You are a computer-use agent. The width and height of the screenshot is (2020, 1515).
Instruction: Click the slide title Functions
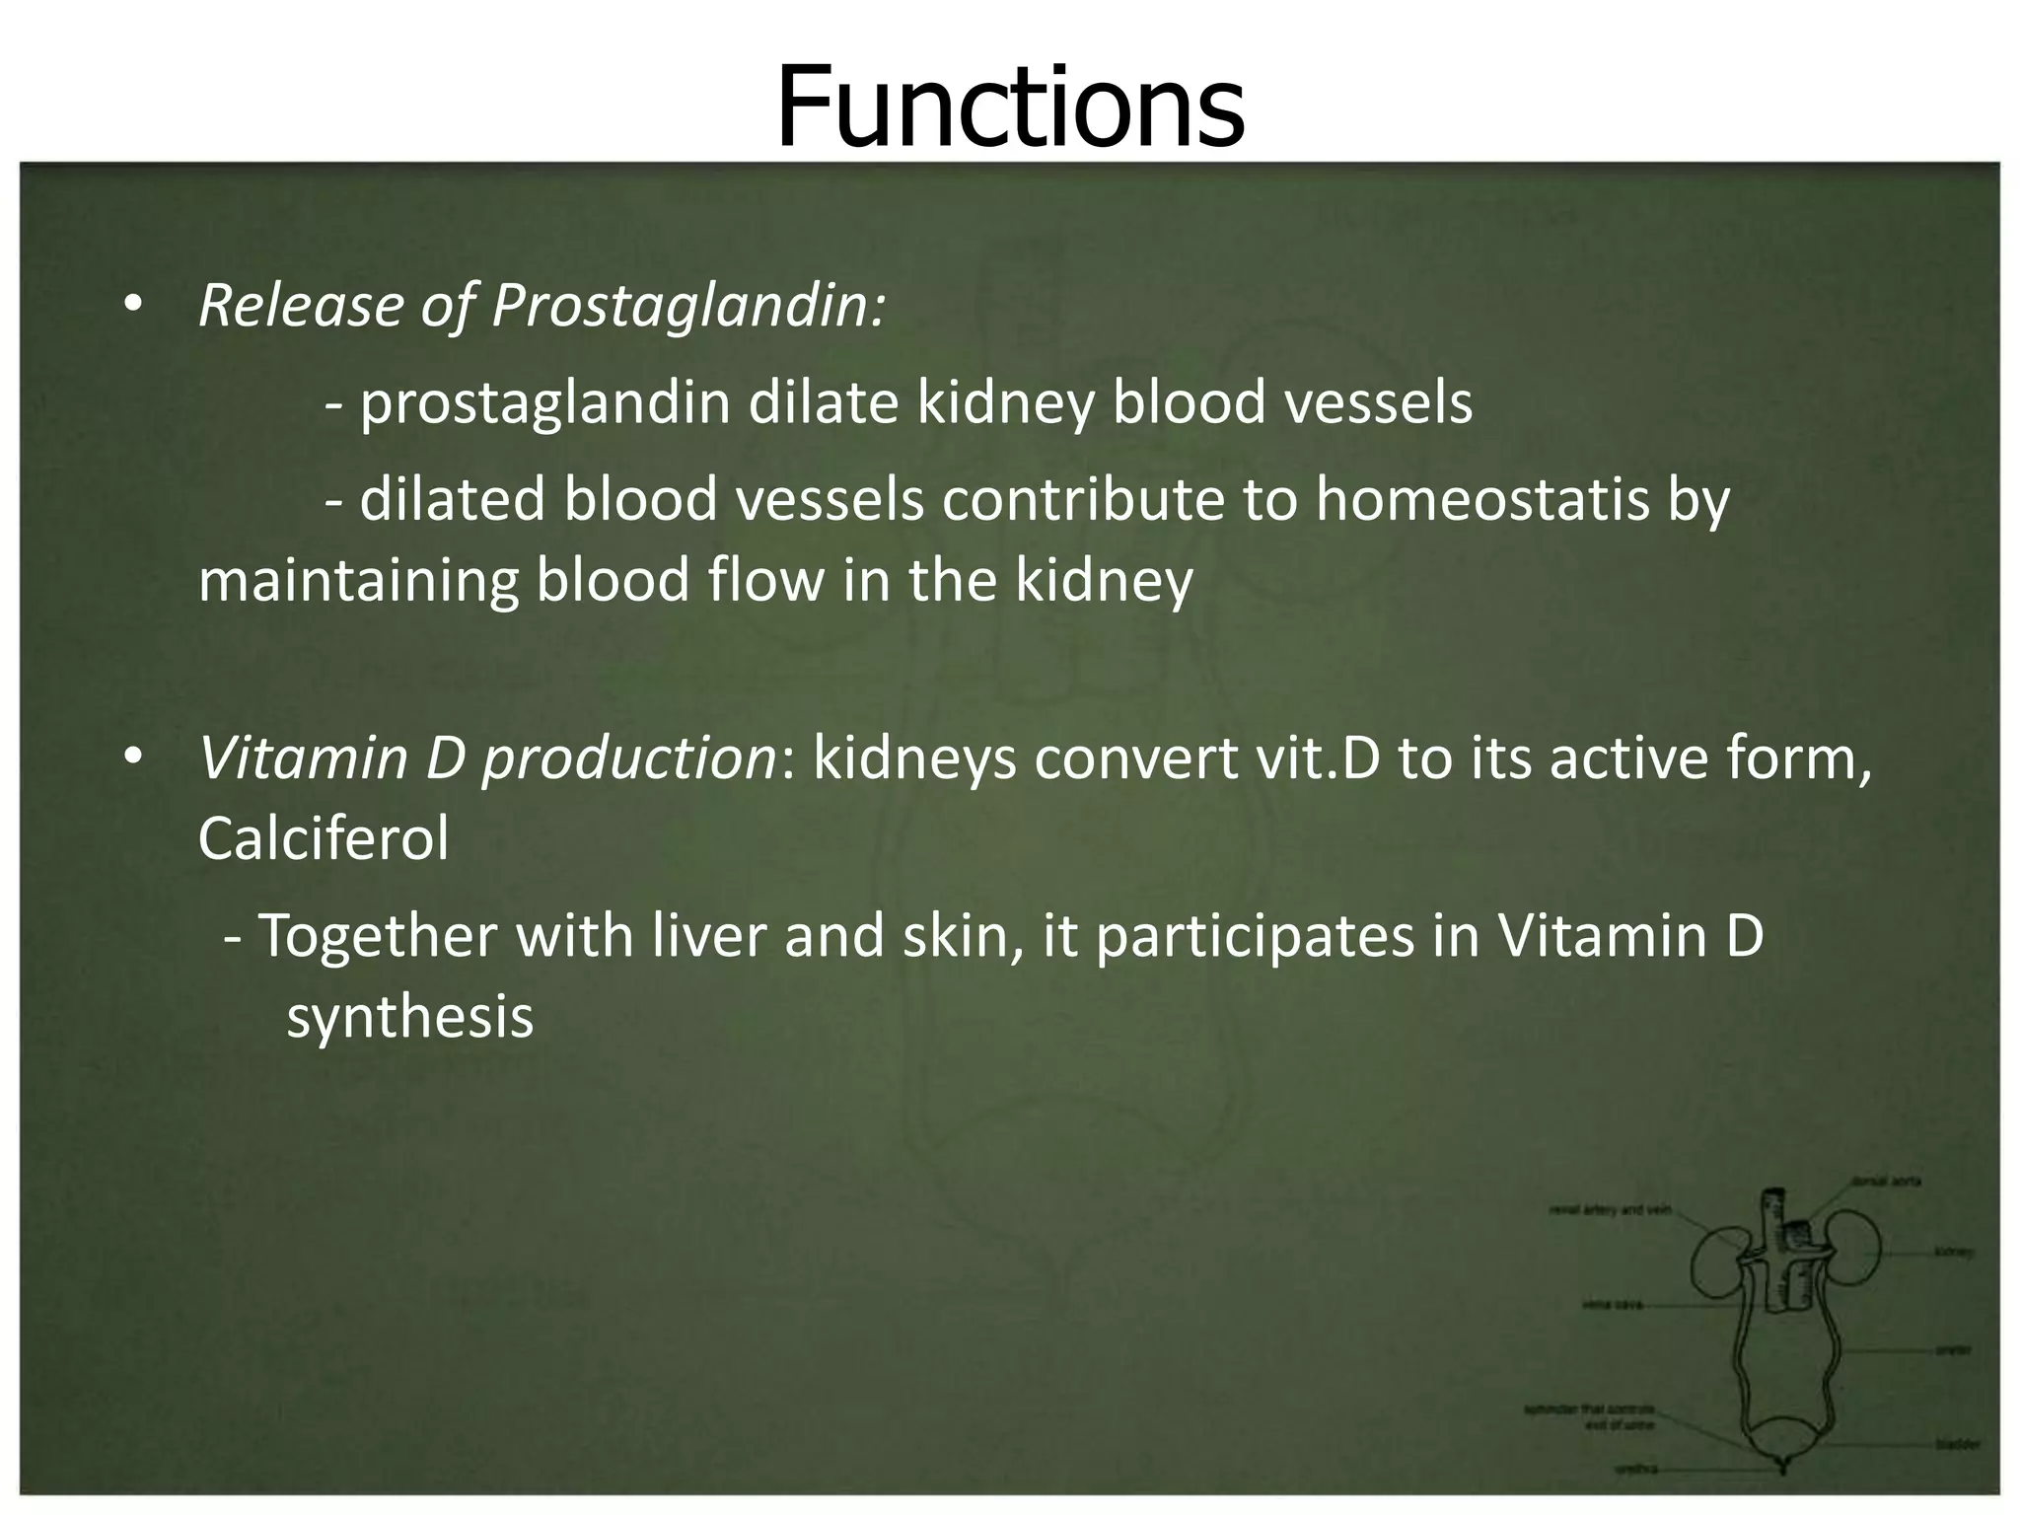(1010, 107)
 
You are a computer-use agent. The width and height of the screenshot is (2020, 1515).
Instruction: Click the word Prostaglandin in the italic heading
(687, 306)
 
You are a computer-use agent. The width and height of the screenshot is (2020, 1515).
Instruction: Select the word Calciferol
(324, 838)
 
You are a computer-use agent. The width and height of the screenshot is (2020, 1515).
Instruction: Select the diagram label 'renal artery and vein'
(1610, 1210)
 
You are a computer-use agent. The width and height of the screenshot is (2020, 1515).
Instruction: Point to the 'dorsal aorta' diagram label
(1886, 1181)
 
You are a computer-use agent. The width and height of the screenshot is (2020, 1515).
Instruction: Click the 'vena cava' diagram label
(1611, 1304)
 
